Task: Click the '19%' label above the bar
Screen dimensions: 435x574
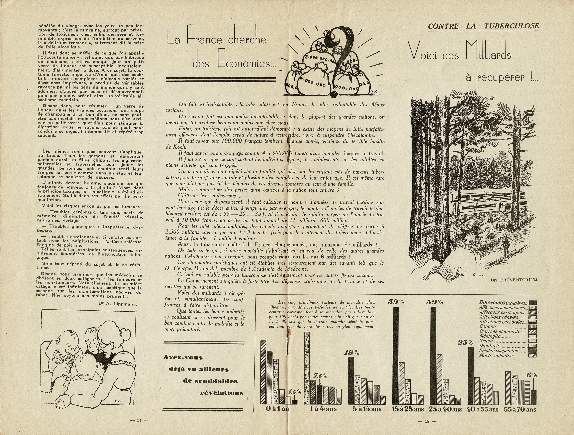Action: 352,353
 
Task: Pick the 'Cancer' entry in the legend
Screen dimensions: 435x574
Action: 488,327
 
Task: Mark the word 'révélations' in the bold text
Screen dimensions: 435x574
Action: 222,393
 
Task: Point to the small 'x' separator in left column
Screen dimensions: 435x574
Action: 90,142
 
